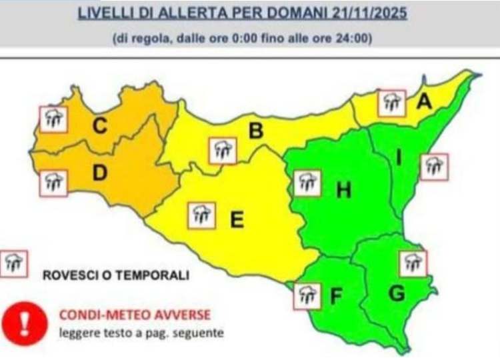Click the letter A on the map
coord(423,103)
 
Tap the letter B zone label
coord(256,132)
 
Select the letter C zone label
coord(99,125)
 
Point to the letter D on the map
coord(99,174)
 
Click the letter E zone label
coord(236,219)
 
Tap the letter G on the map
coord(397,293)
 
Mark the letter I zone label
coord(399,158)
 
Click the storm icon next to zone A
coord(391,103)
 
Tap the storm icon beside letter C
coord(53,119)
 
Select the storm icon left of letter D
coord(53,183)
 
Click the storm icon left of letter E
coord(202,215)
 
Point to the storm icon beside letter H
coord(307,183)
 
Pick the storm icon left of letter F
coord(307,295)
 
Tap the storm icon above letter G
coord(413,263)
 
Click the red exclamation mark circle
coord(23,323)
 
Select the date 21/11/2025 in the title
coord(360,13)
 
